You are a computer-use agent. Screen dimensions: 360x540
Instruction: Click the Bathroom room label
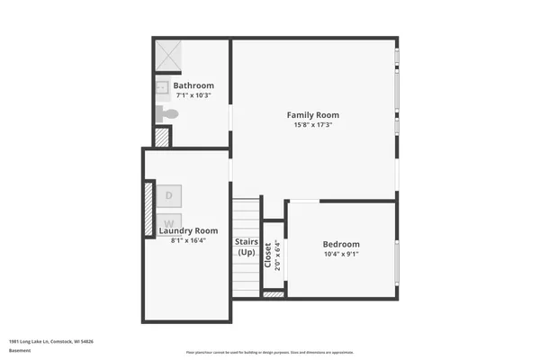193,85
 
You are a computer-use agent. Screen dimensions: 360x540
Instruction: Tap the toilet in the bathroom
167,114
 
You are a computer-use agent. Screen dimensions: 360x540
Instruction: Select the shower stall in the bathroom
166,55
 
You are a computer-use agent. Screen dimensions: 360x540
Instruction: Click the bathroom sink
163,87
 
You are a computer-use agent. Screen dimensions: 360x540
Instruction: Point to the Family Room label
312,114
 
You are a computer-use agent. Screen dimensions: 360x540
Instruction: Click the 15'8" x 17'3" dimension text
312,125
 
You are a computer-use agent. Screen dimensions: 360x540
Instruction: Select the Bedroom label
341,244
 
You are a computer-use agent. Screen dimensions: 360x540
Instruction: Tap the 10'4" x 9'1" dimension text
341,255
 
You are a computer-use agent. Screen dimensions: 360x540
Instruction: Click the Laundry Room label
188,230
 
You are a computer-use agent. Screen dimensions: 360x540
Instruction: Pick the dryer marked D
168,194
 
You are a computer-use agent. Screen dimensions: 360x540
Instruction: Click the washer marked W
168,221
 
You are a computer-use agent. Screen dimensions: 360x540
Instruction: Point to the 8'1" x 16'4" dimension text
188,240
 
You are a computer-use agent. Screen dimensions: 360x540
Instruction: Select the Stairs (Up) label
247,247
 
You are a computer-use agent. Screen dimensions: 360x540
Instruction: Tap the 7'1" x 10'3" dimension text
193,95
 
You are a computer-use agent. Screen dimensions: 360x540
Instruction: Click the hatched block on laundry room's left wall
149,209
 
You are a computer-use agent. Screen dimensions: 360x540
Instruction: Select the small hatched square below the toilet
162,137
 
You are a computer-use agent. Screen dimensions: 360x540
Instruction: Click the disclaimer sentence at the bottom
270,352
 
